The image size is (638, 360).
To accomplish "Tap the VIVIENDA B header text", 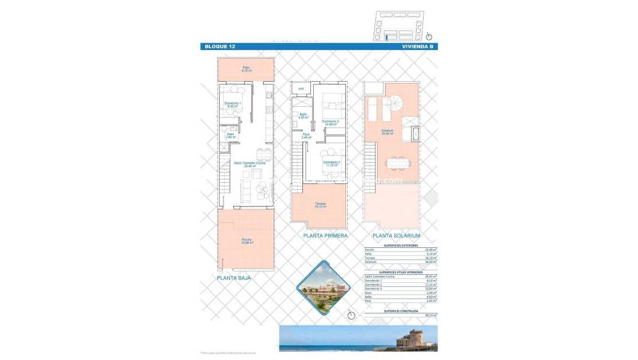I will pyautogui.click(x=418, y=47).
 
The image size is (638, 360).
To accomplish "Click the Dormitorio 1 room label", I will pyautogui.click(x=233, y=104).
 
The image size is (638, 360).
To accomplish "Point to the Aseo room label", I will pyautogui.click(x=230, y=136).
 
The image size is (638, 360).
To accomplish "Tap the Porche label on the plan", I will pyautogui.click(x=247, y=241).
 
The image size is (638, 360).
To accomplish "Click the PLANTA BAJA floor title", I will pyautogui.click(x=234, y=278).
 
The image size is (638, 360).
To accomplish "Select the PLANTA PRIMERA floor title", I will pyautogui.click(x=325, y=236).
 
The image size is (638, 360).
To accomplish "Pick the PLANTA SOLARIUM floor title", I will pyautogui.click(x=397, y=236).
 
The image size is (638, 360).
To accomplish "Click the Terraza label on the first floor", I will pyautogui.click(x=320, y=205).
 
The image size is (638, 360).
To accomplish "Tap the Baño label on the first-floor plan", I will pyautogui.click(x=303, y=115).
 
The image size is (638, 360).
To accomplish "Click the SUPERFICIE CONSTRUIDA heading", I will pyautogui.click(x=401, y=311).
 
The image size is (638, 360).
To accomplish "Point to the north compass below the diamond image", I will pyautogui.click(x=351, y=315).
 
